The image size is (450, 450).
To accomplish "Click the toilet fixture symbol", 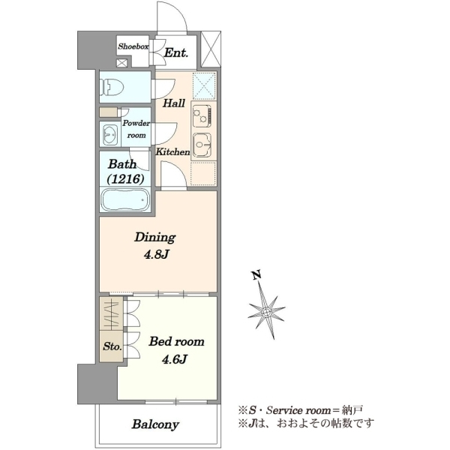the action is pyautogui.click(x=112, y=87).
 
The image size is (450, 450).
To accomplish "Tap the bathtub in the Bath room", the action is pyautogui.click(x=125, y=199).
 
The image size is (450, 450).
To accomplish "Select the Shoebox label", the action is pyautogui.click(x=133, y=46).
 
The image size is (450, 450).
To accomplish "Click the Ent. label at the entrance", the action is pyautogui.click(x=176, y=53).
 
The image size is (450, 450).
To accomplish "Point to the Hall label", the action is pyautogui.click(x=174, y=103).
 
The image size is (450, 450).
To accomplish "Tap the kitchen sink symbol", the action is pyautogui.click(x=202, y=145).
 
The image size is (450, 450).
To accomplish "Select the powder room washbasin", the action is pyautogui.click(x=110, y=134).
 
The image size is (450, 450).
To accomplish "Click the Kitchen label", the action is pyautogui.click(x=172, y=151).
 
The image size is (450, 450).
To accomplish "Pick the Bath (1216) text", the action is pyautogui.click(x=125, y=172).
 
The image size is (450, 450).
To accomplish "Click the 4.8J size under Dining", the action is pyautogui.click(x=156, y=254).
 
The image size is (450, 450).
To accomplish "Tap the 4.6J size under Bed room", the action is pyautogui.click(x=175, y=359).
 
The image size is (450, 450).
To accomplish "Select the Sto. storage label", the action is pyautogui.click(x=112, y=346).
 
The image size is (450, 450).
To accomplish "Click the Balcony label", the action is pyautogui.click(x=155, y=424).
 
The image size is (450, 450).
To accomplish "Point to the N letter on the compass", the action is pyautogui.click(x=256, y=274).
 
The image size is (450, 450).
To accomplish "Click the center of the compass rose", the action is pyautogui.click(x=266, y=312).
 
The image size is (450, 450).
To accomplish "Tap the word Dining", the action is pyautogui.click(x=155, y=238).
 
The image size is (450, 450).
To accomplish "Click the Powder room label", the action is pyautogui.click(x=136, y=129).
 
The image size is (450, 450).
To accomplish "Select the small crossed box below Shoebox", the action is pyautogui.click(x=121, y=63).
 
